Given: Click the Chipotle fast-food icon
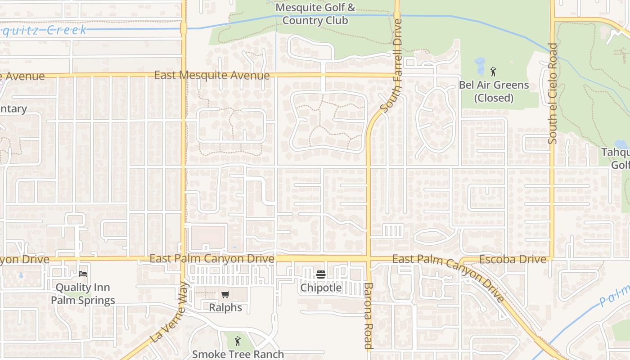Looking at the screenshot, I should pos(321,274).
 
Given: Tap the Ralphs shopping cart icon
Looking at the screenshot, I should pos(225,295).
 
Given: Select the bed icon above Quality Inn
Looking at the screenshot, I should pos(83,274).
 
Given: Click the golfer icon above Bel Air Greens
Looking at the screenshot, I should pos(493,72).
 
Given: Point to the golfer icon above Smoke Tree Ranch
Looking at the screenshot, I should pos(238,341).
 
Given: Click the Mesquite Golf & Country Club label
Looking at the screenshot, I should pos(315,14).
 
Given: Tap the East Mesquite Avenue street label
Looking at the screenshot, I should pos(211,75).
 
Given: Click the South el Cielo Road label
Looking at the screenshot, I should pos(553,94).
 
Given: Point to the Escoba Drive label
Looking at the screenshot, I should pos(513,259).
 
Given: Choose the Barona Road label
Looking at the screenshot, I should pos(368,316).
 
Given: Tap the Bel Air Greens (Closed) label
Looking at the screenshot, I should pos(494,91).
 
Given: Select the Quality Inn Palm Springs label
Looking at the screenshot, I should pos(83,294).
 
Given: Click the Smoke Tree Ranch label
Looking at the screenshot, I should pos(238,354).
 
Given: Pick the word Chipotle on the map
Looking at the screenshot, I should pos(321,288).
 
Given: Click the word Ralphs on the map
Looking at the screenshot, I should pos(225,308).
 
